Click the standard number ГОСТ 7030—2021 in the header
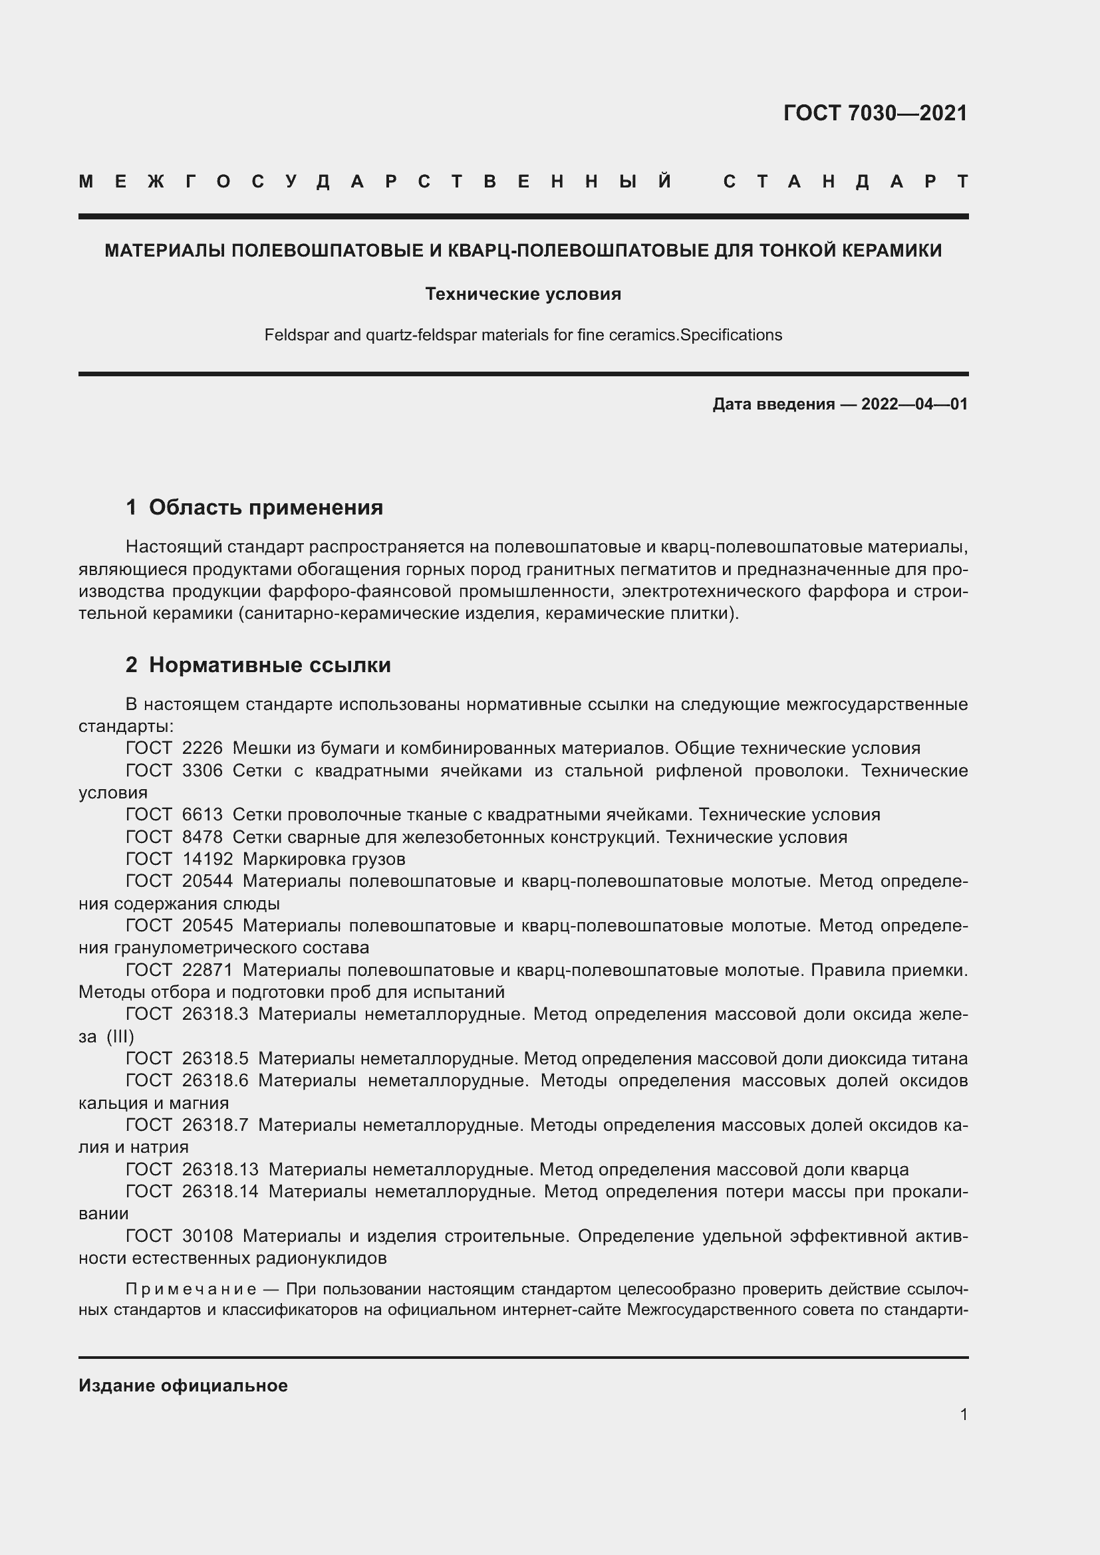875,113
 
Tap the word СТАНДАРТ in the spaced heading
845,181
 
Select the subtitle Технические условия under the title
523,294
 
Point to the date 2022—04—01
914,405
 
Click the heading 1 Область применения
254,507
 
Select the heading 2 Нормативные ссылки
258,665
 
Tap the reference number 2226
202,749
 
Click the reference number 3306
202,771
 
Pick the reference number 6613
202,815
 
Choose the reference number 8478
202,837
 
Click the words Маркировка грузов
324,860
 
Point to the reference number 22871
207,971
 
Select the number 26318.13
220,1169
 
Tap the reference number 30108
207,1236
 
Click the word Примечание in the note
190,1288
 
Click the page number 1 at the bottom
963,1414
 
